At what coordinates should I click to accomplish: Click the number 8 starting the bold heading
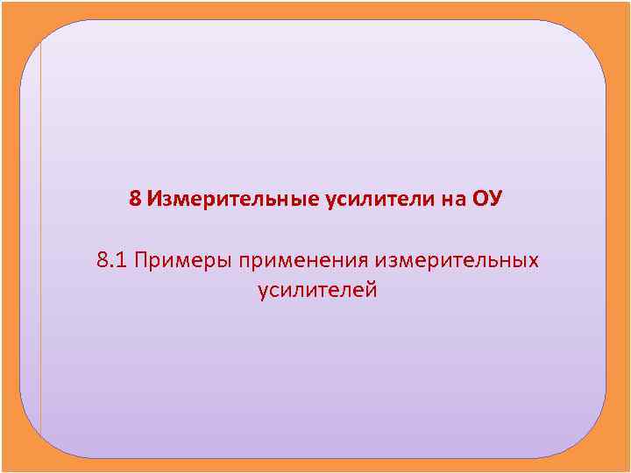pos(135,199)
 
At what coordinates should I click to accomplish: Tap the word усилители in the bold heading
pos(377,200)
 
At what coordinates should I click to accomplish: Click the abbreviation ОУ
pos(487,199)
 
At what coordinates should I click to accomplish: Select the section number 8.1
pos(113,260)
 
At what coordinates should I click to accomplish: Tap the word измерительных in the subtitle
pos(457,261)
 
